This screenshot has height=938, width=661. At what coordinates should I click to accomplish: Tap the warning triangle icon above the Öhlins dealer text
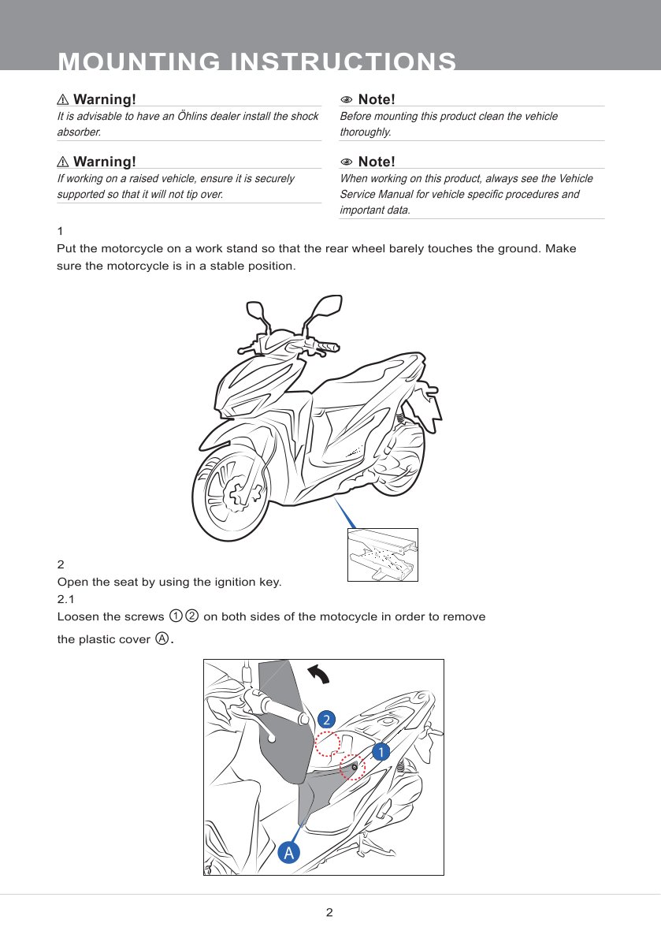pos(64,100)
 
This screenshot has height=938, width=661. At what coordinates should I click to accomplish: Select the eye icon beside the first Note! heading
pos(346,100)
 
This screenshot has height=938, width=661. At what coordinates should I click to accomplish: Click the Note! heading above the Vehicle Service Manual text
pos(376,162)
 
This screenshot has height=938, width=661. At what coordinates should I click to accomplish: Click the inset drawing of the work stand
pos(383,554)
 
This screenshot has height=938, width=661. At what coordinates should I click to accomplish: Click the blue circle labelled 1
pos(381,752)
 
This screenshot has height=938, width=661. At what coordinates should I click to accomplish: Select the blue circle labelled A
pos(289,853)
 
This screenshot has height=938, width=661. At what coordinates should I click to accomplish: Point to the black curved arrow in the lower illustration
pos(318,675)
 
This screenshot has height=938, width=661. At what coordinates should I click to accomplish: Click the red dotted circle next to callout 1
pos(352,767)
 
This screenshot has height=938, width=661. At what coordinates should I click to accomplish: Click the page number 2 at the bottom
pos(330,913)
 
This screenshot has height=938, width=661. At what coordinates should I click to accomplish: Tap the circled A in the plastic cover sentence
pos(162,638)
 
